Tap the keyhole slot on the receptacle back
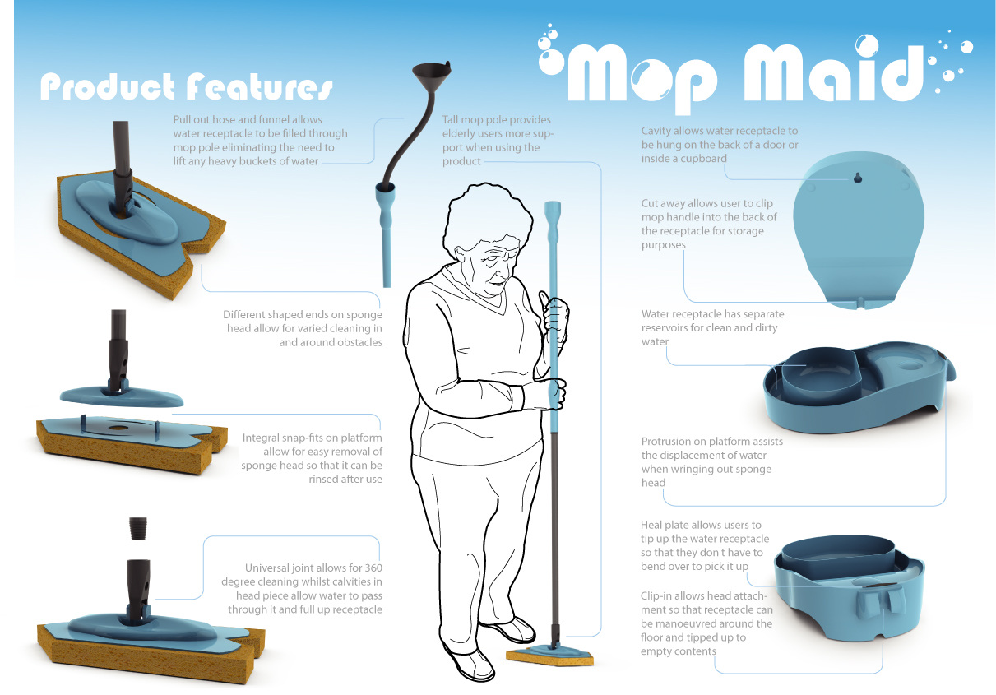pos(858,178)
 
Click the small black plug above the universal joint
pos(138,528)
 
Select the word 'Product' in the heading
pos(107,86)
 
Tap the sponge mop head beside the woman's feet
pos(550,656)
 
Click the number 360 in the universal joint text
pos(373,568)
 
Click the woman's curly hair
pos(487,218)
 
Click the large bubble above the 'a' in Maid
pos(867,46)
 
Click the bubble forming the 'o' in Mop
pos(653,78)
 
